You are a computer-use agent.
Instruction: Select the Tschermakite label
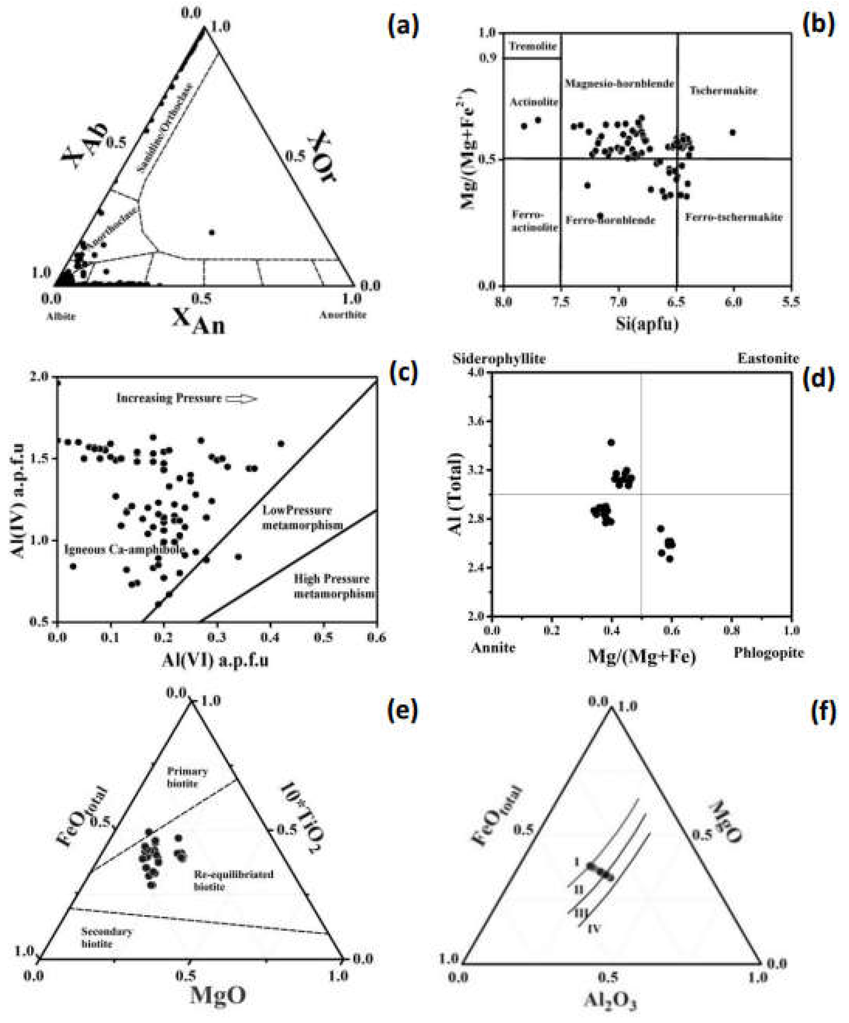tap(723, 91)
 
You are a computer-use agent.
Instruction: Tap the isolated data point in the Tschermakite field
tap(732, 132)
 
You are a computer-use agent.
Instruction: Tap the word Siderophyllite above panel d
tap(499, 359)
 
